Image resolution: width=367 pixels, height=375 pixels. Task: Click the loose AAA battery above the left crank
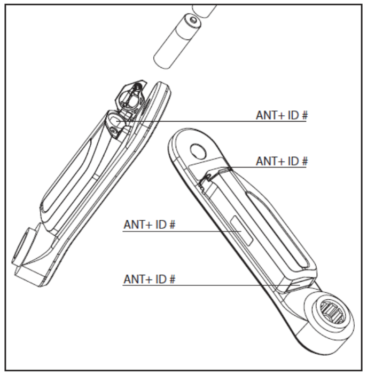click(x=177, y=41)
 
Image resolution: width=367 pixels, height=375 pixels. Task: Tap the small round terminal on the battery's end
click(x=192, y=20)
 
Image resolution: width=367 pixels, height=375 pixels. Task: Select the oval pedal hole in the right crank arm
click(x=198, y=151)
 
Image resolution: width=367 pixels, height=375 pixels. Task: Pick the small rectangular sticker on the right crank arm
click(x=241, y=230)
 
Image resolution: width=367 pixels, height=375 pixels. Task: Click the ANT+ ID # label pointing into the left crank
click(x=282, y=115)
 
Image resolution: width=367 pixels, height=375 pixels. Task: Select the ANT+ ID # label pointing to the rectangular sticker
click(x=150, y=225)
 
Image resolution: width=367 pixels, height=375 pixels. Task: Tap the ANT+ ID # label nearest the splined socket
click(x=150, y=279)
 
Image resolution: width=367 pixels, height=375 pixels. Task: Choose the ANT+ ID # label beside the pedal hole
click(x=282, y=161)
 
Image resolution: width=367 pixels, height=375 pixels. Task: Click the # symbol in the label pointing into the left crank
click(x=304, y=115)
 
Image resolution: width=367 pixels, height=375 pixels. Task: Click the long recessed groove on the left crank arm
click(x=66, y=177)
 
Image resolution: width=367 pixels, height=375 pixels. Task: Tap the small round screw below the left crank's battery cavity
click(x=113, y=131)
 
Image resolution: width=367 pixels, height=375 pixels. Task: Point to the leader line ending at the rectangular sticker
click(x=182, y=232)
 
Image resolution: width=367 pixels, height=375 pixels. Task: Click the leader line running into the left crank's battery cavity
click(x=212, y=122)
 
